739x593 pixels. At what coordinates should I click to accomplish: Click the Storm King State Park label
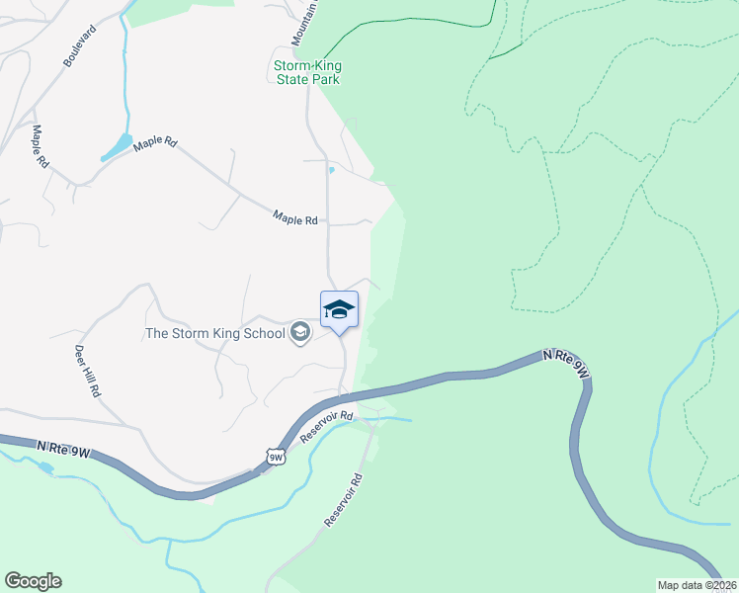306,72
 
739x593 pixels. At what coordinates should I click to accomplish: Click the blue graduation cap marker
339,309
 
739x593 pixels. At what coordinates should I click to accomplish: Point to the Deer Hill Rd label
88,371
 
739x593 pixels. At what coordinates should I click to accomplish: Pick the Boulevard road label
81,46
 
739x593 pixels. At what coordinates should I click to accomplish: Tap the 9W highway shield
276,456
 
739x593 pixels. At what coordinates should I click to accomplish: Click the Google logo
33,581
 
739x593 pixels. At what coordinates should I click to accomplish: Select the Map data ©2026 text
698,584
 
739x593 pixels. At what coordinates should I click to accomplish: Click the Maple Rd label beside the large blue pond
155,143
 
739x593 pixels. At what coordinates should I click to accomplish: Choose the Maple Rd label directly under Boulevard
40,146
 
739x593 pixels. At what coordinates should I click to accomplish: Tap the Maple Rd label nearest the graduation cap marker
295,219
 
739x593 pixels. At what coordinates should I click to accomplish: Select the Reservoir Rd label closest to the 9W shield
326,425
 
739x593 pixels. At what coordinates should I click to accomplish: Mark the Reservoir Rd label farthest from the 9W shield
344,499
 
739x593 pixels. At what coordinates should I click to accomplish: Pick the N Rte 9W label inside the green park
566,364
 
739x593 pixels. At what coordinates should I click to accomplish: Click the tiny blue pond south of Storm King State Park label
332,170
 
